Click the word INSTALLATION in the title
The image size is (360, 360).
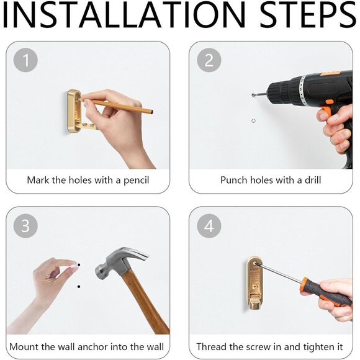pyautogui.click(x=124, y=14)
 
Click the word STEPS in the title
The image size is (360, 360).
pyautogui.click(x=308, y=14)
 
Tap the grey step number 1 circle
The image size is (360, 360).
pyautogui.click(x=25, y=60)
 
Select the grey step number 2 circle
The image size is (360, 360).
pyautogui.click(x=209, y=60)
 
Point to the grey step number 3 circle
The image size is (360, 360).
pyautogui.click(x=25, y=226)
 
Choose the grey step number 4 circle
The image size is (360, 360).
pyautogui.click(x=209, y=226)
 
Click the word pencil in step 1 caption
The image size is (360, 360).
pyautogui.click(x=137, y=181)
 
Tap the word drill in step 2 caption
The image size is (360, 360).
pyautogui.click(x=313, y=180)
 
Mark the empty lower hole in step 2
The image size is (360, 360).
pyautogui.click(x=253, y=121)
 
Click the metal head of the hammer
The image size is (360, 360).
pyautogui.click(x=120, y=262)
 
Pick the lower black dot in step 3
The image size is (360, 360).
pyautogui.click(x=79, y=287)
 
